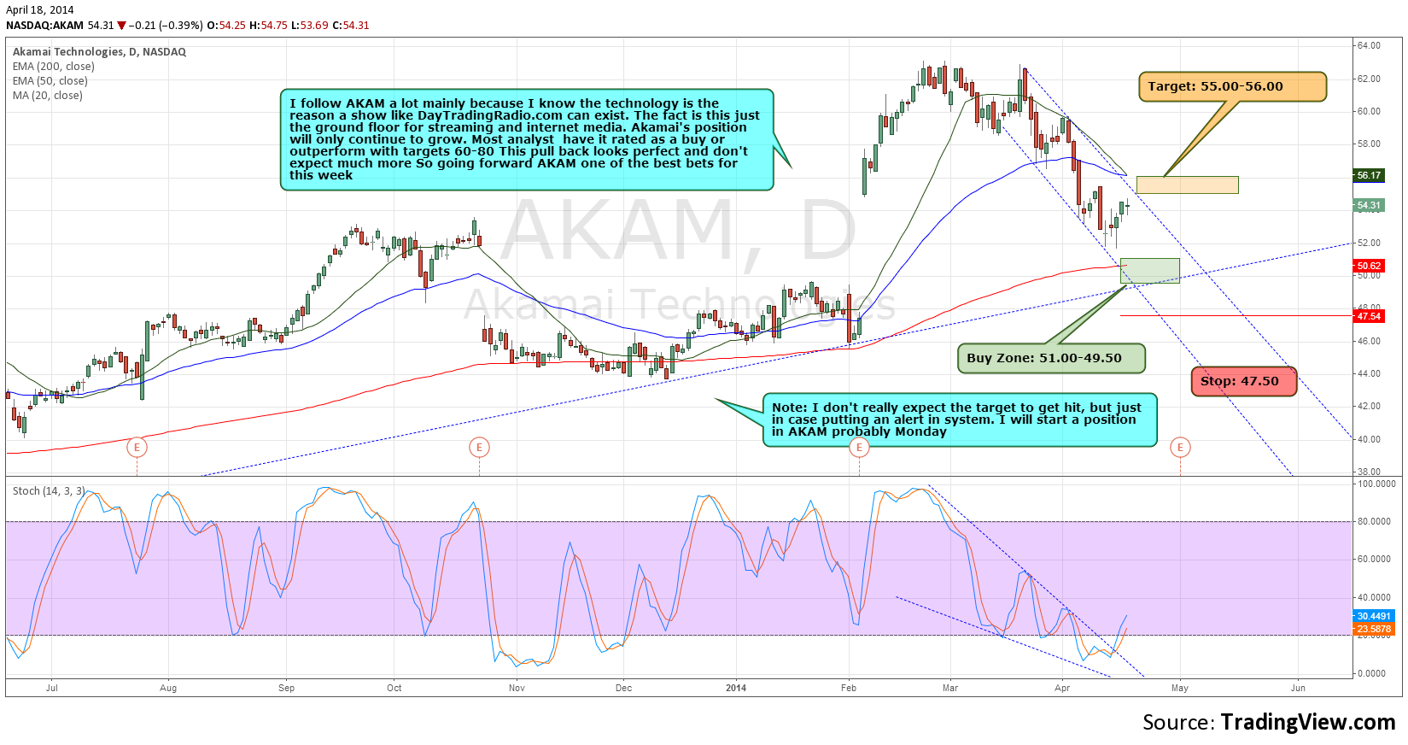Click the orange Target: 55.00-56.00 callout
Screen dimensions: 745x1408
[x=1231, y=86]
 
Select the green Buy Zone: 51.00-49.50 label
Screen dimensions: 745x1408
[x=1049, y=358]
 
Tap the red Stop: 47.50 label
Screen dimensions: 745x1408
[x=1243, y=381]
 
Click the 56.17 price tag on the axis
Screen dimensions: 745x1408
[x=1369, y=175]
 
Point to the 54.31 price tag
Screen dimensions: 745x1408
[x=1369, y=205]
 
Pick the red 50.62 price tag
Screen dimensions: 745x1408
[x=1369, y=266]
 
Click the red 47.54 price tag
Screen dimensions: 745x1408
[x=1369, y=316]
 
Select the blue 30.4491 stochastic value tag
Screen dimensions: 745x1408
[x=1374, y=616]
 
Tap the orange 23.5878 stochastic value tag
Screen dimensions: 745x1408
[x=1374, y=629]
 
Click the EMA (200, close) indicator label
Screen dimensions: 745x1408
[x=54, y=67]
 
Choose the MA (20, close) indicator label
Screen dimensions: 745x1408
[x=48, y=96]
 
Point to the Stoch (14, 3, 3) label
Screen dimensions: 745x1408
[x=49, y=491]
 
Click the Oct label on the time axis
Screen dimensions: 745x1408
[x=394, y=688]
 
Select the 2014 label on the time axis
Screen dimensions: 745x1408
[x=735, y=688]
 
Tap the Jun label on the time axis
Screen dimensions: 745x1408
[x=1298, y=688]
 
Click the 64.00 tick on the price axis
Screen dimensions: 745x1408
[x=1369, y=46]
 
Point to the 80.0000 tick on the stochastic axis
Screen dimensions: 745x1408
[x=1376, y=521]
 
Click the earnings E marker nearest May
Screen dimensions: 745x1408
[x=1180, y=447]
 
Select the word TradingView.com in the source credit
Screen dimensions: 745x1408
[x=1308, y=722]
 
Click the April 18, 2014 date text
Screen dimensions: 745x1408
[x=40, y=10]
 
